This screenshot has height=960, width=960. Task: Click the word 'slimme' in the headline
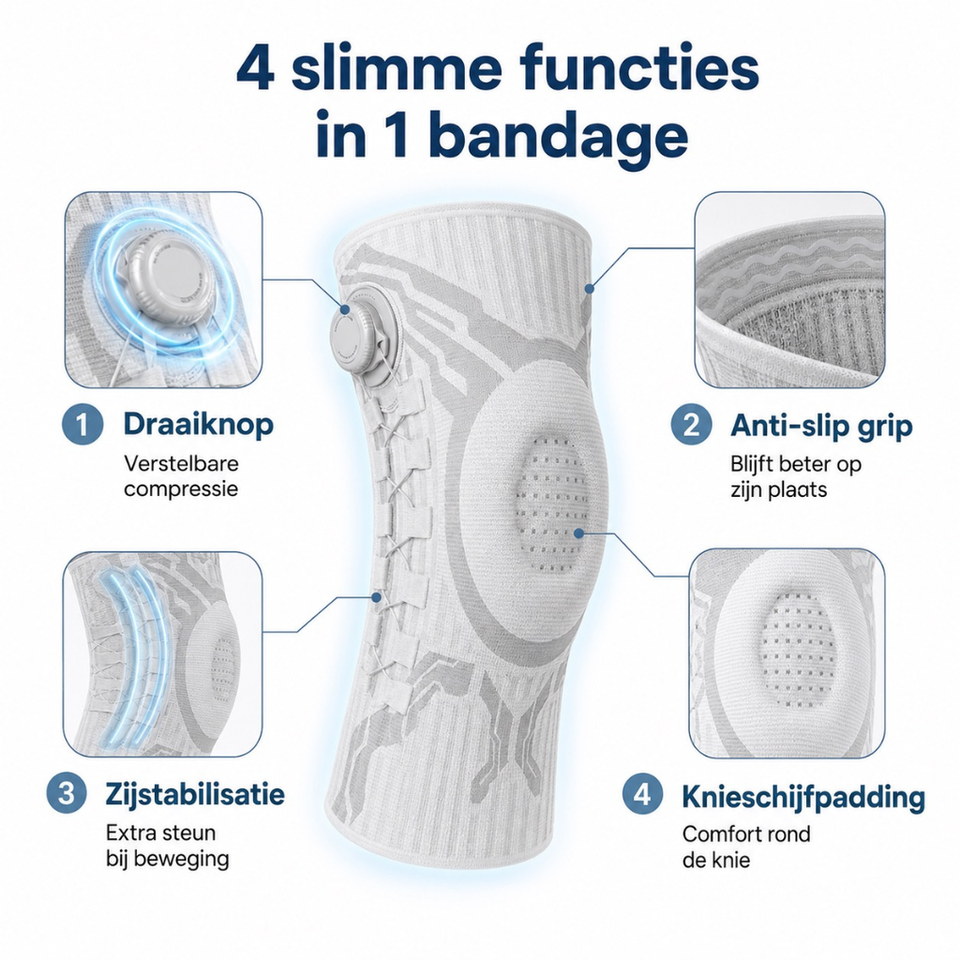tap(397, 69)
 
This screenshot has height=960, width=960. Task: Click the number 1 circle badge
tap(82, 425)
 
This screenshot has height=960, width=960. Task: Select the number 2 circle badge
tap(691, 425)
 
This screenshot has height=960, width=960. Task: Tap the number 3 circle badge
tap(67, 793)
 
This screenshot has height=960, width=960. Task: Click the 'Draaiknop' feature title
tap(199, 425)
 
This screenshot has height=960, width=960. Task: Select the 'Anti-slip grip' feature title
tap(821, 427)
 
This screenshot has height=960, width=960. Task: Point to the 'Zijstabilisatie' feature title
tap(195, 795)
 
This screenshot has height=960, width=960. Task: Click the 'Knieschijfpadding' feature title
tap(803, 797)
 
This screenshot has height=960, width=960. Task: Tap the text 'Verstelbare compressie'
tap(181, 476)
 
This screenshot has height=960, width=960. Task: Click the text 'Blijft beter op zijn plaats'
tap(796, 477)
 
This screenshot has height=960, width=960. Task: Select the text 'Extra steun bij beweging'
tap(167, 846)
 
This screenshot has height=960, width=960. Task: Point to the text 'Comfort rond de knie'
tap(746, 847)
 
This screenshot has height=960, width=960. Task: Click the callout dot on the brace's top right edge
tap(590, 288)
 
